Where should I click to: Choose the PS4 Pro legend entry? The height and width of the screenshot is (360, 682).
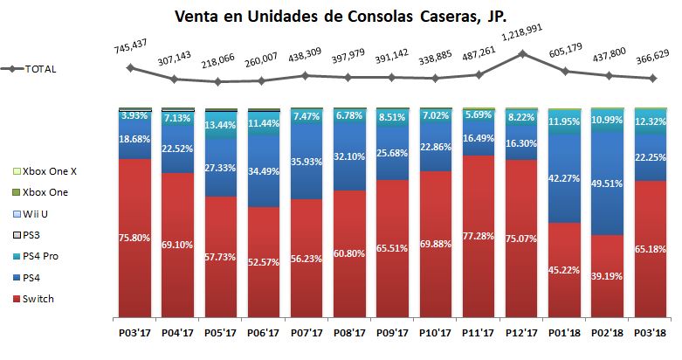45,257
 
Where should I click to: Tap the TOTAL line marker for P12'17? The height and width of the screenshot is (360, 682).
522,54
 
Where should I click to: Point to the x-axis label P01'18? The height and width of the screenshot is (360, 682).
566,333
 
